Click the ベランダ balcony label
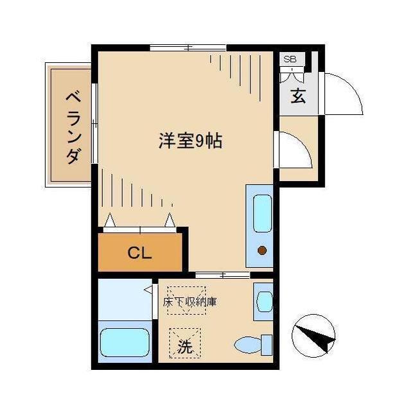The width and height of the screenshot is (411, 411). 73,128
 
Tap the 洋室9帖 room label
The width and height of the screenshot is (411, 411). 190,141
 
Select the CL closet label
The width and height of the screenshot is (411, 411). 139,252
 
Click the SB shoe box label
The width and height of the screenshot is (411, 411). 290,59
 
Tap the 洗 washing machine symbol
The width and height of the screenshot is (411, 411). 185,347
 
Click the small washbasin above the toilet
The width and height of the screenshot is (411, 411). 264,301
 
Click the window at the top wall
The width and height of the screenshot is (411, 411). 188,48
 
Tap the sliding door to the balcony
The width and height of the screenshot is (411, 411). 94,122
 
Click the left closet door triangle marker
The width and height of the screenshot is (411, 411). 110,220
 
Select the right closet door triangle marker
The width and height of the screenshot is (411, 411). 170,220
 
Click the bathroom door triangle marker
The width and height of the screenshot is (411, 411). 148,290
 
